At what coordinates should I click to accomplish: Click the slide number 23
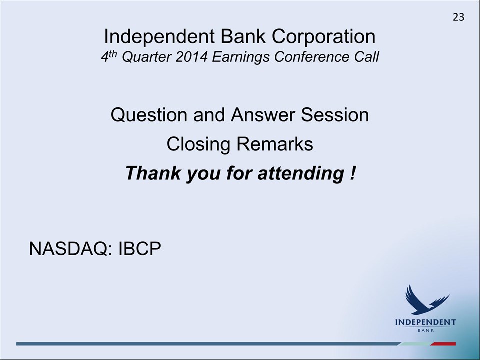tap(458, 17)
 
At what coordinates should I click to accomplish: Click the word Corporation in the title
tap(323, 36)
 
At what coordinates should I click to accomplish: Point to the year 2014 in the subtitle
tap(191, 57)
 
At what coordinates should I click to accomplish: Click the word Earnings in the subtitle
tap(241, 57)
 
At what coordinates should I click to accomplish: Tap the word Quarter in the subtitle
tap(146, 57)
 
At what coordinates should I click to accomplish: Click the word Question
tap(149, 115)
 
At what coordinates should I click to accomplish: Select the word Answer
tap(263, 115)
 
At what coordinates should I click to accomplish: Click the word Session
tap(335, 115)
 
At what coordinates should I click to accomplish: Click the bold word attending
tap(301, 173)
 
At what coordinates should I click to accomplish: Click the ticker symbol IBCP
tap(139, 248)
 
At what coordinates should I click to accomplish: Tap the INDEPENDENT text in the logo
tap(425, 322)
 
